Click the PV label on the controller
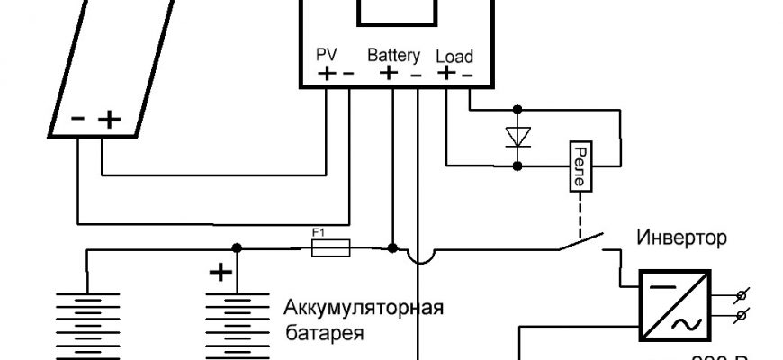pos(327,55)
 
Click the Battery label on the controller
pos(394,55)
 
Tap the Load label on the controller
pos(454,56)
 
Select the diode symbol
pos(517,137)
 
